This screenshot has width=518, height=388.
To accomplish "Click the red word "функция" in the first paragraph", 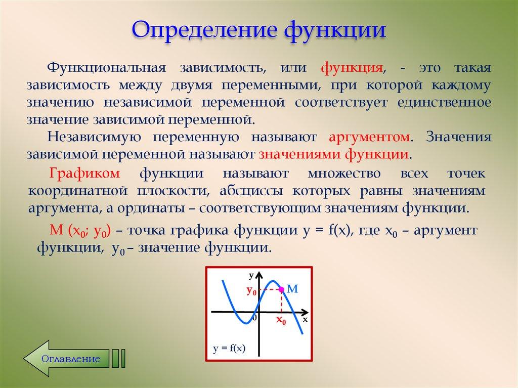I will pyautogui.click(x=351, y=68).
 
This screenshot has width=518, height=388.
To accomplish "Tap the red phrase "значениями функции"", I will pyautogui.click(x=334, y=154).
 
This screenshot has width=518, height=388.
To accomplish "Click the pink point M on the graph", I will pyautogui.click(x=281, y=289).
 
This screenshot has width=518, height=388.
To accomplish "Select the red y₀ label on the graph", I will pyautogui.click(x=251, y=291).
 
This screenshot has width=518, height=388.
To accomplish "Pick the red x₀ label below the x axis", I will pyautogui.click(x=281, y=320).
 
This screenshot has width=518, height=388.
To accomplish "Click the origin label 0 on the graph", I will pyautogui.click(x=254, y=318).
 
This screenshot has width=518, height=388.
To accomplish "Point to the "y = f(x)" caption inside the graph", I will pyautogui.click(x=229, y=348).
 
